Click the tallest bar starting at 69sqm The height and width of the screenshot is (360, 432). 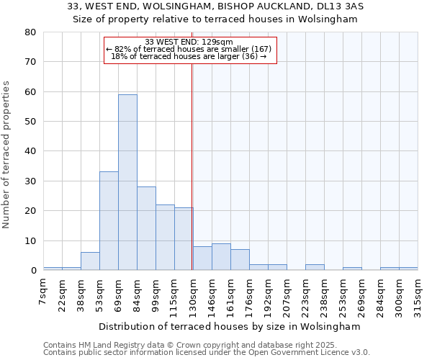[127, 182]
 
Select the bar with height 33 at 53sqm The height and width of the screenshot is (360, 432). [109, 221]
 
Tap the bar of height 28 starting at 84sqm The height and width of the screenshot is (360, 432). [146, 228]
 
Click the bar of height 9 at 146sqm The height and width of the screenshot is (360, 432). [221, 257]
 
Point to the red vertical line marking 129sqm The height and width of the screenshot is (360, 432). [192, 166]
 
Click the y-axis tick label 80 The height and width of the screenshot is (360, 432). [30, 32]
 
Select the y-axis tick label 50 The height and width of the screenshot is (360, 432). [30, 122]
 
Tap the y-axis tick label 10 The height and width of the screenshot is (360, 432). [30, 241]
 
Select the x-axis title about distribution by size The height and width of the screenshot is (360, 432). [229, 326]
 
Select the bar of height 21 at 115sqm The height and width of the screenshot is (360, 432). [184, 239]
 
